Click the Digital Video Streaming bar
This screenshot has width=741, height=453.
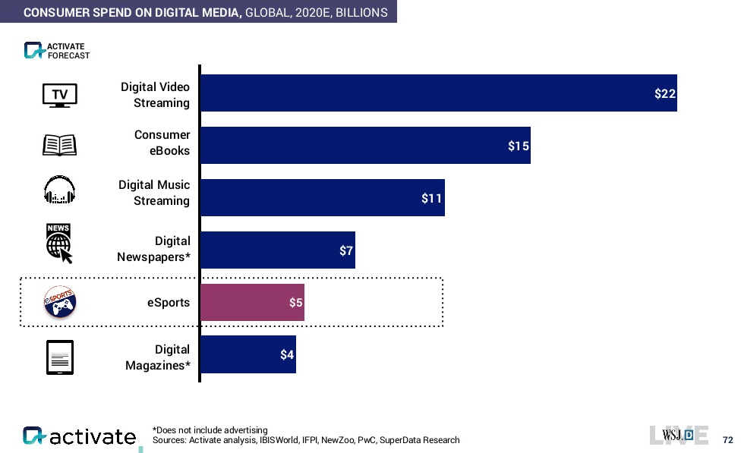pos(437,93)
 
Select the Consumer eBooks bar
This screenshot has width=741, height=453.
pos(364,145)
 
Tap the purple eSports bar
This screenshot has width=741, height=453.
pos(251,303)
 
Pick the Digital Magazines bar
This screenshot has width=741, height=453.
pos(248,354)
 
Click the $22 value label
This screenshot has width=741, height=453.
pos(665,94)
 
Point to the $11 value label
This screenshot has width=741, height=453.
pos(431,199)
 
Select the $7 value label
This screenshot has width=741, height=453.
pos(346,251)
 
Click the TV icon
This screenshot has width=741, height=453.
pos(60,95)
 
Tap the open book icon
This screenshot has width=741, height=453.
pos(60,145)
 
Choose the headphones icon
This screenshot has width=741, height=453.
pos(60,190)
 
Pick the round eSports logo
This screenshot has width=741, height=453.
pos(60,303)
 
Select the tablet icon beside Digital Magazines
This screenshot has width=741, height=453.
pos(60,357)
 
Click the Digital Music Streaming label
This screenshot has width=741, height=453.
pos(154,193)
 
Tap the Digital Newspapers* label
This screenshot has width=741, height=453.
pos(153,249)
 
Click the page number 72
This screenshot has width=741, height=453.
pos(727,440)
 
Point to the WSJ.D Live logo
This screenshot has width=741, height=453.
pos(679,435)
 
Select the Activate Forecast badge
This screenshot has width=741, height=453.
pos(57,51)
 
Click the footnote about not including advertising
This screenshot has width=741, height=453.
pos(210,430)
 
